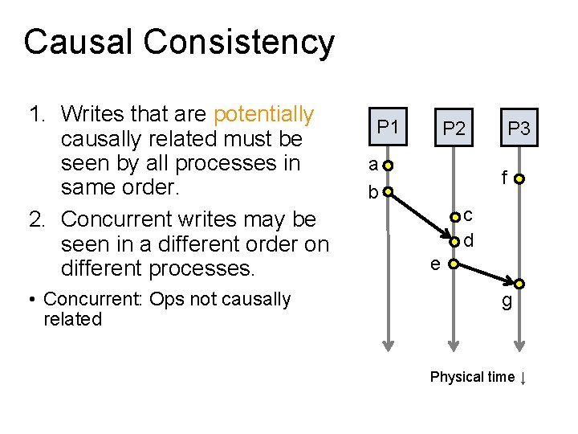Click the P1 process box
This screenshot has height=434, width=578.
pyautogui.click(x=389, y=127)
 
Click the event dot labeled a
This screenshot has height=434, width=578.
pyautogui.click(x=388, y=166)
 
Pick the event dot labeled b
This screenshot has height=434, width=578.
pyautogui.click(x=388, y=192)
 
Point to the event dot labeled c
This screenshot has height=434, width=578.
pyautogui.click(x=454, y=216)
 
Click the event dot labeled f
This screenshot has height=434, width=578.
pyautogui.click(x=520, y=179)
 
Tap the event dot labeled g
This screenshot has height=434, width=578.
pyautogui.click(x=520, y=284)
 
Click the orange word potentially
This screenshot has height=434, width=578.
pyautogui.click(x=264, y=115)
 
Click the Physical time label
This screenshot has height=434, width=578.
pyautogui.click(x=472, y=377)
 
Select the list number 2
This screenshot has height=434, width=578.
pyautogui.click(x=36, y=219)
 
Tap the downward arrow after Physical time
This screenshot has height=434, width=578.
pyautogui.click(x=523, y=378)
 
